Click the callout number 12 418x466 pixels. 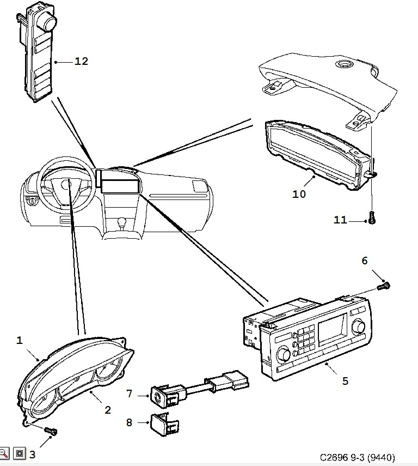coord(81,62)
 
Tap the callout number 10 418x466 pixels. coord(299,193)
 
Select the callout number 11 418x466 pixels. coord(340,220)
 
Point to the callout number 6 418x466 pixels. coord(365,261)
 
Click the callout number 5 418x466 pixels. coord(345,381)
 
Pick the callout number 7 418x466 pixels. coord(129,394)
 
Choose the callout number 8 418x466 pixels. coord(129,422)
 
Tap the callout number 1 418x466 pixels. coord(20,341)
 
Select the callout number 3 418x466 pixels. coord(32,455)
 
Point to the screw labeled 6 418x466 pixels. coord(385,284)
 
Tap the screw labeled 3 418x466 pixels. coord(51,432)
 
